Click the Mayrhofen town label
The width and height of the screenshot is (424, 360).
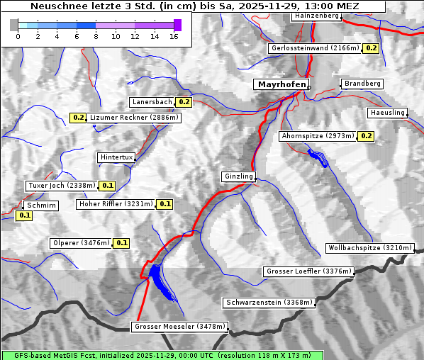281,84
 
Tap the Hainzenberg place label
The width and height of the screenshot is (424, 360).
316,16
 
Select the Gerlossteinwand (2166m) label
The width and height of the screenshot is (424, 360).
315,48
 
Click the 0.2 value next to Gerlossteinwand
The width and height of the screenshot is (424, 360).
371,48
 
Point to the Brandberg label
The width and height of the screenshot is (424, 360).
362,84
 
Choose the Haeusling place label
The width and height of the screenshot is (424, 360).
387,113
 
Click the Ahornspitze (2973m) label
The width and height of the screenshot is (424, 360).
317,135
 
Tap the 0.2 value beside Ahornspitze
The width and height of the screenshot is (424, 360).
366,135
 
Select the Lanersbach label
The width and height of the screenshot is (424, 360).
152,102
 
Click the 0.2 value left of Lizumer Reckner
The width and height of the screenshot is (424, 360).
78,118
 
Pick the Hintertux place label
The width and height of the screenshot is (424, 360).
116,157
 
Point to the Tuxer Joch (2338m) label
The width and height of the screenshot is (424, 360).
61,186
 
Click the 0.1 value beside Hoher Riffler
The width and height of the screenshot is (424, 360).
164,204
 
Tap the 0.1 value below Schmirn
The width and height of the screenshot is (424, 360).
24,215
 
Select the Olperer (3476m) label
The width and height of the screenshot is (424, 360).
82,243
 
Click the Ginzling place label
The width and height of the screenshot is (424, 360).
238,176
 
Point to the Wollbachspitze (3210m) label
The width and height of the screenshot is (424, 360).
369,248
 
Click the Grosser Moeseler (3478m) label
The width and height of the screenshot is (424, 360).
179,327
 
